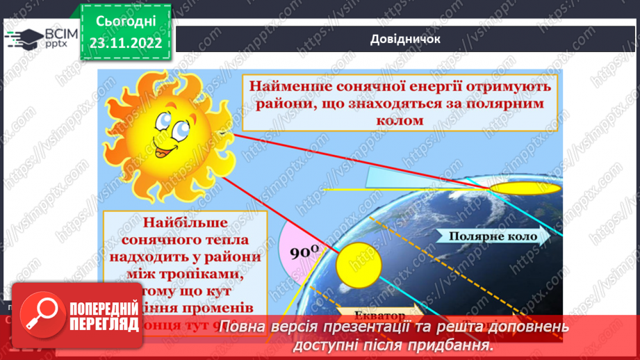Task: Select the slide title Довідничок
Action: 406,39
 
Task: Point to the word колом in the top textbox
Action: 402,120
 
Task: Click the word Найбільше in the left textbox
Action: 186,224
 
